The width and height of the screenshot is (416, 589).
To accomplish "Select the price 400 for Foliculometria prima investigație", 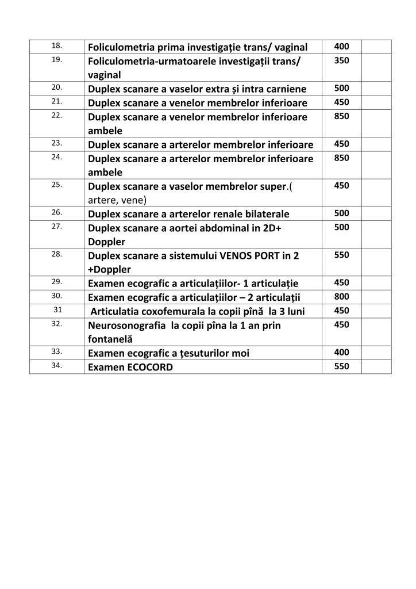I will pyautogui.click(x=341, y=46).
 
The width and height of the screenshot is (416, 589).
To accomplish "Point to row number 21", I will pyautogui.click(x=57, y=101).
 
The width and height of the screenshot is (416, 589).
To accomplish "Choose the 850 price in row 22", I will pyautogui.click(x=341, y=116).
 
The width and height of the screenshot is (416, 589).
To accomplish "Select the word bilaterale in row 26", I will pyautogui.click(x=261, y=214).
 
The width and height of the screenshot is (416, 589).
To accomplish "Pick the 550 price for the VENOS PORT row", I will pyautogui.click(x=341, y=255).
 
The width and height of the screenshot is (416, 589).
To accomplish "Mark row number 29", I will pyautogui.click(x=57, y=282).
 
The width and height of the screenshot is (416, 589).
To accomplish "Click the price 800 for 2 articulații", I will pyautogui.click(x=341, y=297).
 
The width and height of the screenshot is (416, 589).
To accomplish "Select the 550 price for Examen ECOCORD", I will pyautogui.click(x=341, y=366).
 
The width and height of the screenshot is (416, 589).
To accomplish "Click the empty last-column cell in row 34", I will pyautogui.click(x=376, y=366).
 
